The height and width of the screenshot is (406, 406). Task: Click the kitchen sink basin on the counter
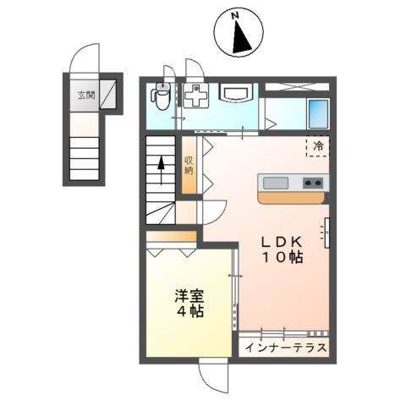277,182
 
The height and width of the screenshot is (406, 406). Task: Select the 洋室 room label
189,295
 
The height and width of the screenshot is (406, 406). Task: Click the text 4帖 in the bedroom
189,312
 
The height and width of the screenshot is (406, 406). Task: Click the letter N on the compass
238,15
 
